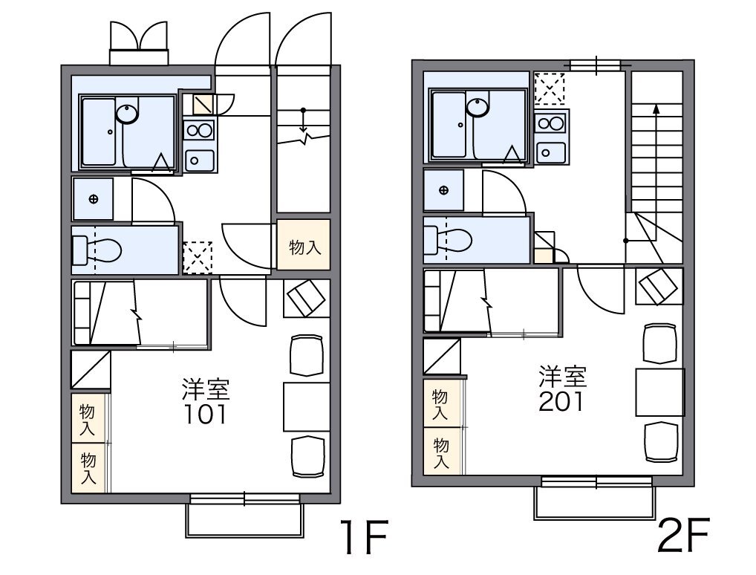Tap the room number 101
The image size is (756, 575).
click(206, 415)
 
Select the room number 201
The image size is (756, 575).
click(561, 401)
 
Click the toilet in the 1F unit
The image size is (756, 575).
click(97, 250)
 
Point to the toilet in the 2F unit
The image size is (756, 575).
click(447, 239)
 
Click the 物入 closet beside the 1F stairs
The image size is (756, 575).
click(304, 244)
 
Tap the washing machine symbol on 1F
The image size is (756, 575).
click(93, 199)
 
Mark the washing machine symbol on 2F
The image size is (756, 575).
click(443, 190)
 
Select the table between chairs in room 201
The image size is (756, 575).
click(659, 392)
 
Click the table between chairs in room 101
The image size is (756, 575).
click(307, 406)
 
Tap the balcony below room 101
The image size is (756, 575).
click(245, 520)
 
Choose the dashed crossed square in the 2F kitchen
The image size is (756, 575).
click(550, 88)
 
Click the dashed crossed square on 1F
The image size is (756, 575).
click(198, 257)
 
